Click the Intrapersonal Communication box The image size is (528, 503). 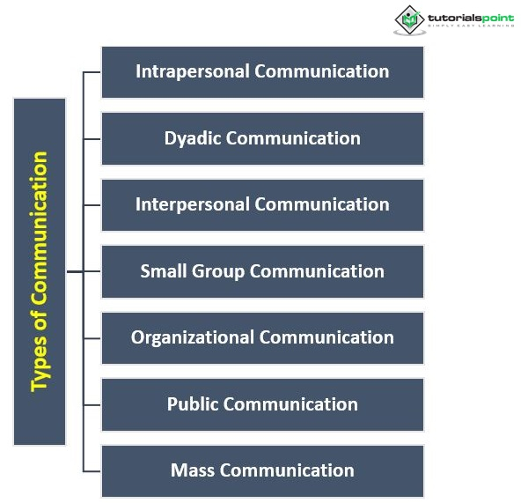pyautogui.click(x=262, y=72)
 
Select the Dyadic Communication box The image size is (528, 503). pyautogui.click(x=262, y=138)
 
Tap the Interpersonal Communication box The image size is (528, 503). pyautogui.click(x=262, y=205)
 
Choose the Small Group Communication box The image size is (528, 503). pyautogui.click(x=262, y=271)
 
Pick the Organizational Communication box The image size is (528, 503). pyautogui.click(x=262, y=337)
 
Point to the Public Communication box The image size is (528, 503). pyautogui.click(x=262, y=404)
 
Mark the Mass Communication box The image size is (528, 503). pyautogui.click(x=262, y=470)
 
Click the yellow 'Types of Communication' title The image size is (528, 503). pyautogui.click(x=40, y=271)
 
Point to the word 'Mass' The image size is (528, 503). pyautogui.click(x=193, y=470)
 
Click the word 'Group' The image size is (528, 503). pyautogui.click(x=218, y=271)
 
